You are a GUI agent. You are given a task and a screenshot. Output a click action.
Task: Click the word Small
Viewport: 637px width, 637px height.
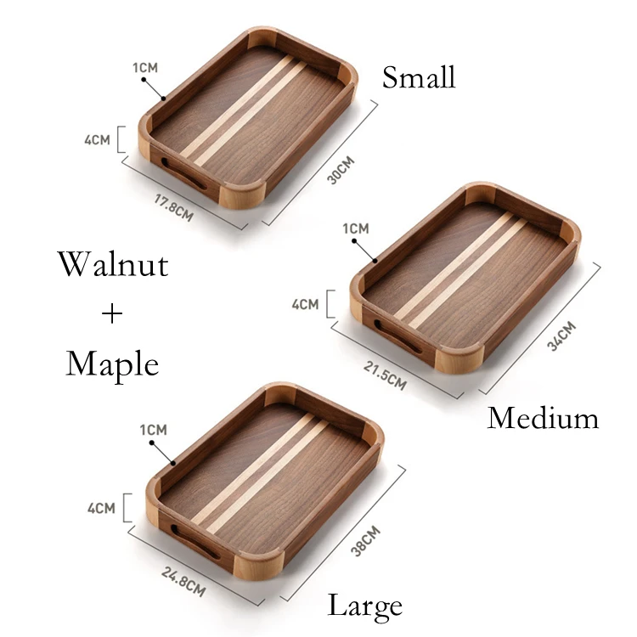(419, 77)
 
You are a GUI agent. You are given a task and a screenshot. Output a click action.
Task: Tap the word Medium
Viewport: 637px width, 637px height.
(543, 418)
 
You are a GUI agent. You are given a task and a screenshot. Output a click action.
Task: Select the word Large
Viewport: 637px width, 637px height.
(365, 606)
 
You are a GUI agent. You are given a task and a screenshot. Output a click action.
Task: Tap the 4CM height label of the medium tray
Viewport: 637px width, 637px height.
(305, 304)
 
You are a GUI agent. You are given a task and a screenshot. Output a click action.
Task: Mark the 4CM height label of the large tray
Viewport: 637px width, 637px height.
(101, 509)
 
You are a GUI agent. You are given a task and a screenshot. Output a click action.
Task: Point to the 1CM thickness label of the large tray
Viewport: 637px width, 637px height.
(153, 431)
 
